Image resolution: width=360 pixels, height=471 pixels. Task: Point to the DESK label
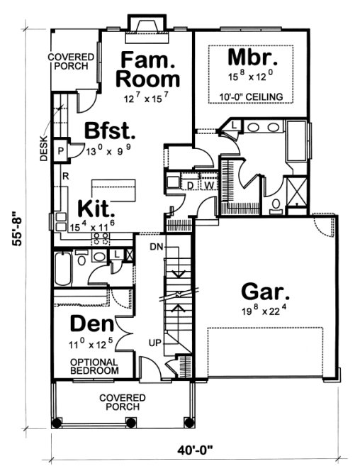coord(44,148)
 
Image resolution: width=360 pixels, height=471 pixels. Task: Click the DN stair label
coord(157,246)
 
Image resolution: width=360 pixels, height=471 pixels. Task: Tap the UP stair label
coord(154,343)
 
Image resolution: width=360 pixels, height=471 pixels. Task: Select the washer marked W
coord(210,185)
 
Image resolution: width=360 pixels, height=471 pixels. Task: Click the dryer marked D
coord(192,185)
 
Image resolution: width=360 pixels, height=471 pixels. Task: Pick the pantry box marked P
coord(61,150)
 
